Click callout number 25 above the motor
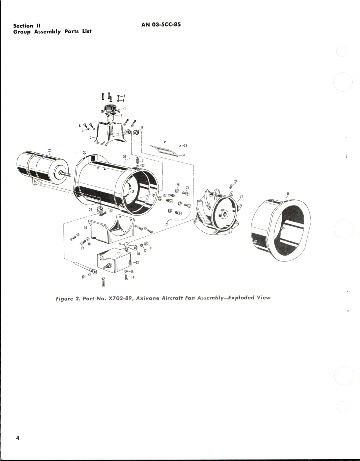coord(50,150)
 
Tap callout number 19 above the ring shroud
coord(288,194)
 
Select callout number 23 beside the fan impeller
coord(241,196)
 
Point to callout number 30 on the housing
coord(85,152)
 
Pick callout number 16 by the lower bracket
coord(85,227)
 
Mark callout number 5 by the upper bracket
coord(91,137)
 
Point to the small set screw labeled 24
coord(231,186)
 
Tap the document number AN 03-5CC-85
coord(161,24)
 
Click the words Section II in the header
coord(27,25)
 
